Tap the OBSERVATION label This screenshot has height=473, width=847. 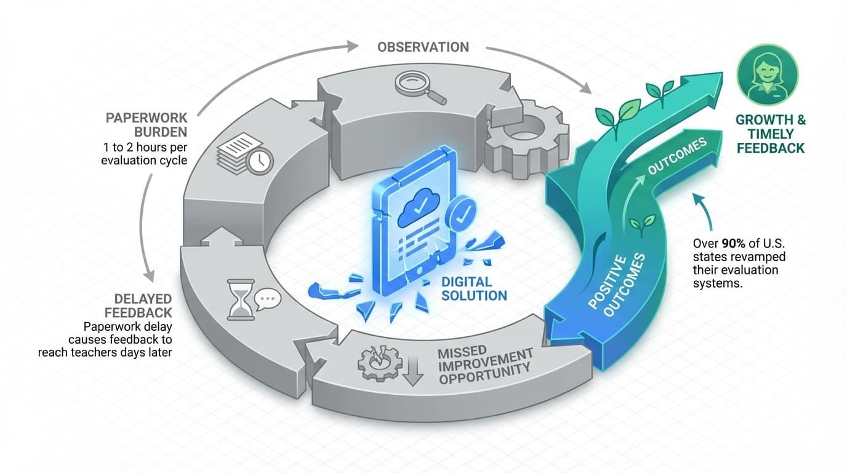423,47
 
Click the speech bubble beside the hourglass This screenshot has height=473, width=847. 267,299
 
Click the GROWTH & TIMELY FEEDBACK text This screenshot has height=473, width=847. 770,134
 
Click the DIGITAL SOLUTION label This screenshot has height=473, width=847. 474,288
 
